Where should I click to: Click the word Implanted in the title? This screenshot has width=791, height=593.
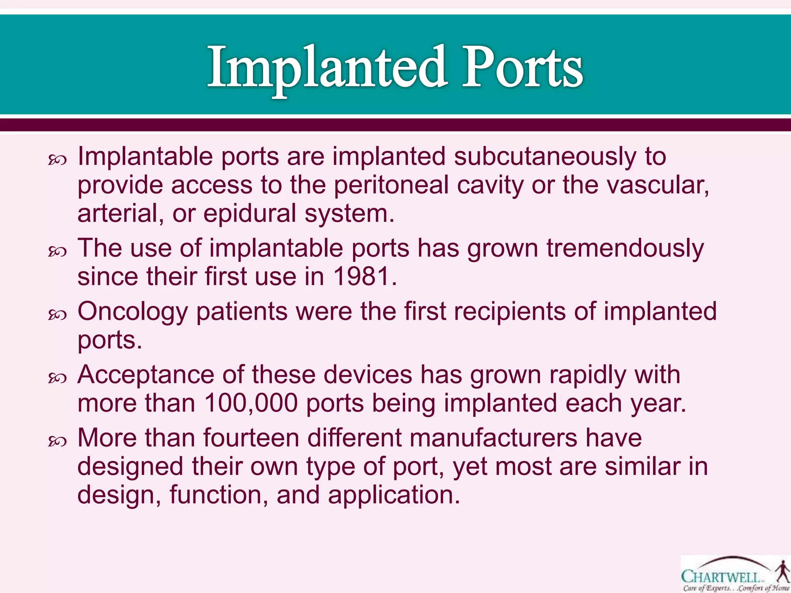pyautogui.click(x=327, y=68)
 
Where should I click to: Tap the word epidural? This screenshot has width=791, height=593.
pyautogui.click(x=250, y=214)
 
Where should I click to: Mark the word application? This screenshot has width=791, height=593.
pyautogui.click(x=394, y=495)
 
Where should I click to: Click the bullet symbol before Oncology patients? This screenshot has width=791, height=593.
pyautogui.click(x=58, y=315)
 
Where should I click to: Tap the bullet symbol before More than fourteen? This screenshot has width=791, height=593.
pyautogui.click(x=58, y=441)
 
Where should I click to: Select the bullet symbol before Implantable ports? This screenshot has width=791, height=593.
pyautogui.click(x=58, y=160)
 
